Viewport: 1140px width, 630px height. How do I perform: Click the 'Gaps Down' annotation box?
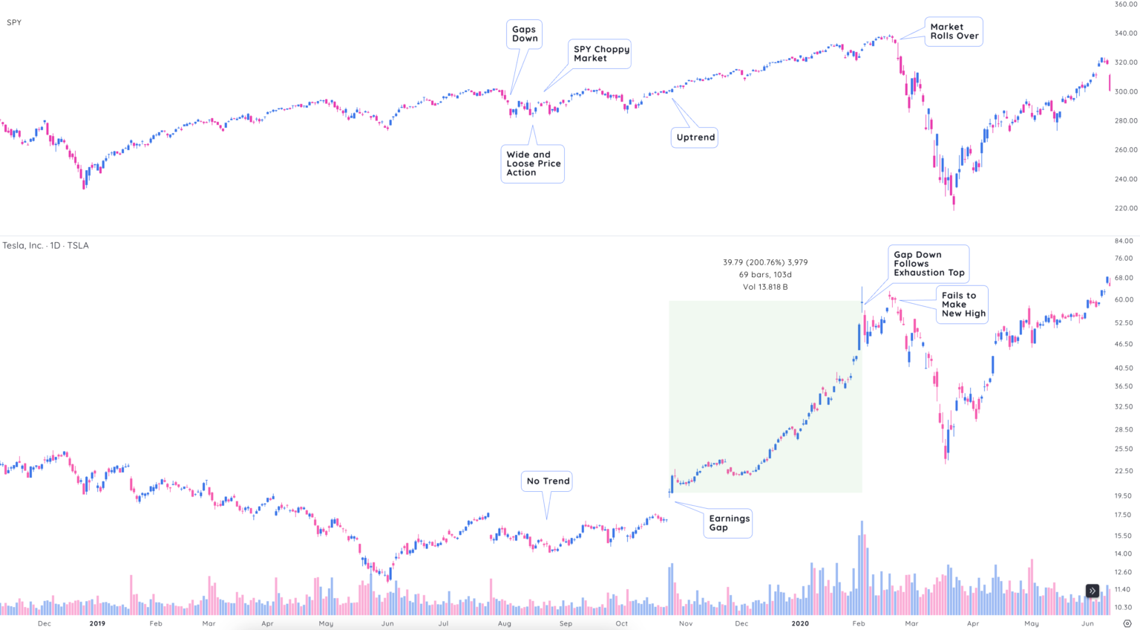(x=524, y=34)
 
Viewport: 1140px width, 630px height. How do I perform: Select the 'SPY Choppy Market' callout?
(x=600, y=53)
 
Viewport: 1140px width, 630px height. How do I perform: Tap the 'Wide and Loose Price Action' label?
(x=532, y=163)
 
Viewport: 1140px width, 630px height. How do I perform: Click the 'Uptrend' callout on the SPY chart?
(x=695, y=137)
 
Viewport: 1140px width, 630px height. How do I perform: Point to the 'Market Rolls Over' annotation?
(x=954, y=31)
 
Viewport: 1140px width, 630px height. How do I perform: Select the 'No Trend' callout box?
(x=548, y=481)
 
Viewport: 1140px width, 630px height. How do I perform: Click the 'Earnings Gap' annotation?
(x=728, y=523)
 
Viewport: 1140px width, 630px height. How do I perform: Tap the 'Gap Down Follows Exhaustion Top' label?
(x=928, y=264)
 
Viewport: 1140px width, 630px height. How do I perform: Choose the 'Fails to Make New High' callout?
(x=963, y=305)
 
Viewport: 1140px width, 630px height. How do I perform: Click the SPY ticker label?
(x=14, y=22)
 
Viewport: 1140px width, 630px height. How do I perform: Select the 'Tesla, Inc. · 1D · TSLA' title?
(x=45, y=245)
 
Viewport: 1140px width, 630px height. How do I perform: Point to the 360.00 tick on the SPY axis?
(x=1125, y=4)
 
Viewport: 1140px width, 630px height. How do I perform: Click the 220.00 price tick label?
(x=1125, y=208)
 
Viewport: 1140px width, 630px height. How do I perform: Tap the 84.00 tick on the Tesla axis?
(x=1124, y=241)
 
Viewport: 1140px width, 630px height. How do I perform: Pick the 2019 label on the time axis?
(x=97, y=623)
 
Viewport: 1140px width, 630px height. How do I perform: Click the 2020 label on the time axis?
(x=800, y=623)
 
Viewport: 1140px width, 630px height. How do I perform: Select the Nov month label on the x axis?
(x=686, y=623)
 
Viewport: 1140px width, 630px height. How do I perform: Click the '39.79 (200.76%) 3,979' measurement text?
(x=765, y=262)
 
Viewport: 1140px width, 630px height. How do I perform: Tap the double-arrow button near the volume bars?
(x=1092, y=591)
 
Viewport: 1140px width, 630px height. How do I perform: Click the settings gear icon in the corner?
(x=1127, y=623)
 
